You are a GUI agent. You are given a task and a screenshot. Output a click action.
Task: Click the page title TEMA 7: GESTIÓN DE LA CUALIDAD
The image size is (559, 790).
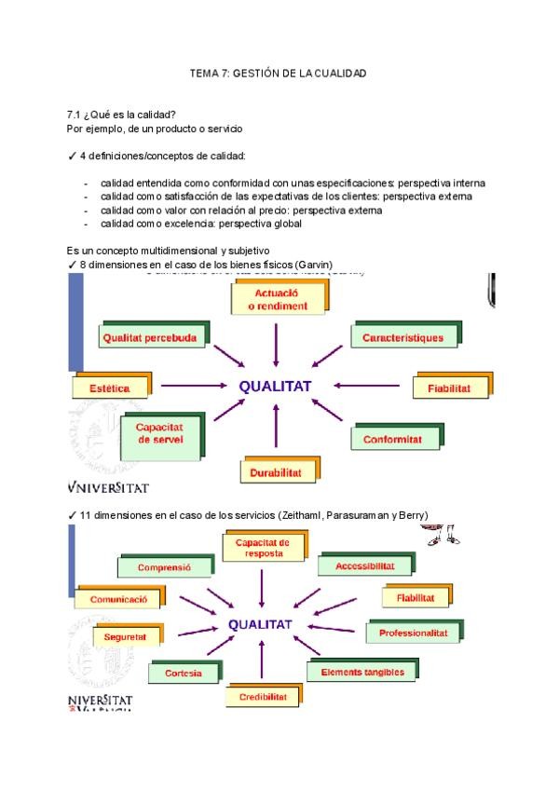pyautogui.click(x=278, y=73)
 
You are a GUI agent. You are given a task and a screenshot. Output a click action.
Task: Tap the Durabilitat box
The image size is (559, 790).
pyautogui.click(x=275, y=472)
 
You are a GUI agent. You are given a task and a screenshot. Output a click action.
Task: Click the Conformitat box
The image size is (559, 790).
pyautogui.click(x=392, y=439)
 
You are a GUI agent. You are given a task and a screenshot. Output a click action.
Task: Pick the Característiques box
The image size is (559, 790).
pyautogui.click(x=402, y=337)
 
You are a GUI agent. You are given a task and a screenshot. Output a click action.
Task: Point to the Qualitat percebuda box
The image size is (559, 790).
pyautogui.click(x=150, y=338)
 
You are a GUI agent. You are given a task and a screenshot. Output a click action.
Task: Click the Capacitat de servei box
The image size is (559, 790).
pyautogui.click(x=160, y=434)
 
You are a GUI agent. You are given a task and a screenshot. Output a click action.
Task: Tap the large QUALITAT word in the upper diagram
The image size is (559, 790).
pyautogui.click(x=275, y=386)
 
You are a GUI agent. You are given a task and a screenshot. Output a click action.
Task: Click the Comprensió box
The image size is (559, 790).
pyautogui.click(x=164, y=566)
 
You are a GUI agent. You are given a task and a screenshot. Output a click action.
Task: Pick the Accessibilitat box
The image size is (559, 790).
pyautogui.click(x=364, y=565)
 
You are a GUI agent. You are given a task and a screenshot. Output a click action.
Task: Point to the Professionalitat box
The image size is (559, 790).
pyautogui.click(x=414, y=633)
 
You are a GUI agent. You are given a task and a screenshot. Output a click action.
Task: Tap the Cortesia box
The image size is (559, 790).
pyautogui.click(x=183, y=673)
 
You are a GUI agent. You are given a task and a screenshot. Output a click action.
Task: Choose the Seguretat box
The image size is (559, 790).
pyautogui.click(x=125, y=637)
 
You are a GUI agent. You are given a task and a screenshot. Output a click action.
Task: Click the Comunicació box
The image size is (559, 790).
pyautogui.click(x=118, y=600)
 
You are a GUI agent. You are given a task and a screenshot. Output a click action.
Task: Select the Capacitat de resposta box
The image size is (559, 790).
pyautogui.click(x=263, y=547)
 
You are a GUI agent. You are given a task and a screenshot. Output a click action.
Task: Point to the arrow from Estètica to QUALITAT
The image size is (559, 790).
pyautogui.click(x=195, y=385)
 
